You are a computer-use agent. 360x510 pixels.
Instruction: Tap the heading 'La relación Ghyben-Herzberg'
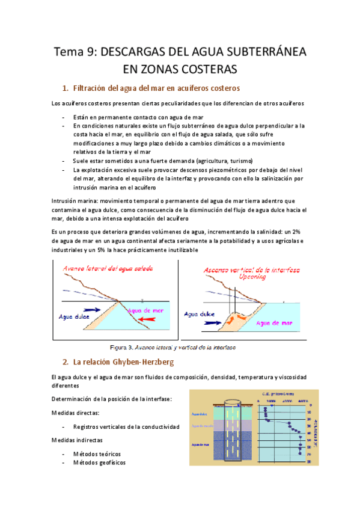(x=121, y=363)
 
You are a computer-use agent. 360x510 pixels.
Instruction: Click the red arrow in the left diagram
(x=150, y=318)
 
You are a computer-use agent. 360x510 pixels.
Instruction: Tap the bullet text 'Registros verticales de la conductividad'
(x=126, y=426)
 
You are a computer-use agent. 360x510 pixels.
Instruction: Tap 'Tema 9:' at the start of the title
(x=75, y=52)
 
